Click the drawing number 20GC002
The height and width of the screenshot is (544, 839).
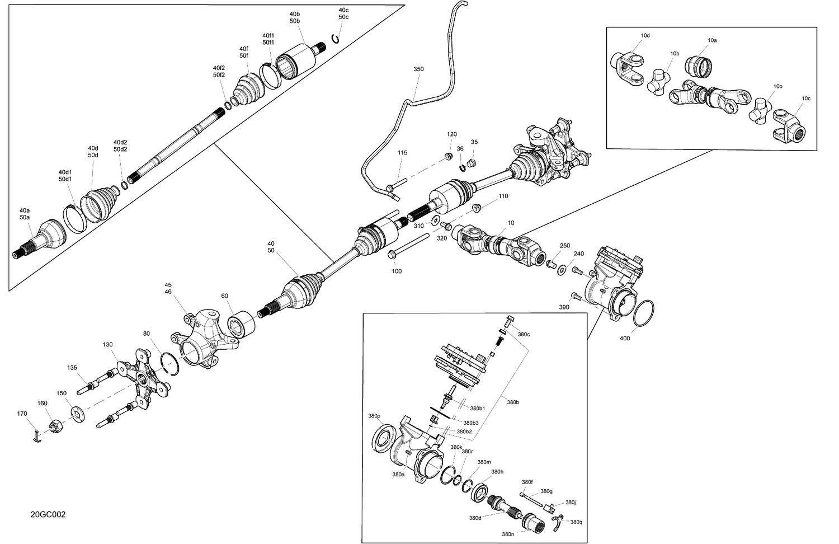click(48, 514)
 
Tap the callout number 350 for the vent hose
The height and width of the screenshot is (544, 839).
click(418, 69)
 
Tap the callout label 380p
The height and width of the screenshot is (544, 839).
click(374, 416)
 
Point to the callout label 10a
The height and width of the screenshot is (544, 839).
click(712, 41)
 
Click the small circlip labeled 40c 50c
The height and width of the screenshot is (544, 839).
click(336, 38)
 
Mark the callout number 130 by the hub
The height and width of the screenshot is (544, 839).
click(107, 345)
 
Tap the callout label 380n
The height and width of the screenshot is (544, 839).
click(508, 534)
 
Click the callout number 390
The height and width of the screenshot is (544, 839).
click(564, 307)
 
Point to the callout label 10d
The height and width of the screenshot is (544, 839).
click(645, 36)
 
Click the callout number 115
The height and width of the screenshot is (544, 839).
click(402, 153)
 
